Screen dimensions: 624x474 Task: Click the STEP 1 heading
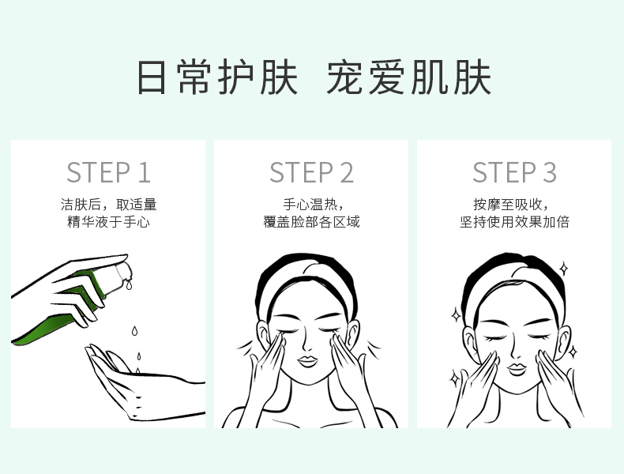[108, 172]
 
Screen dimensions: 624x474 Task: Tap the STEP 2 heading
[311, 172]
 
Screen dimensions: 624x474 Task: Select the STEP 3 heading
[514, 172]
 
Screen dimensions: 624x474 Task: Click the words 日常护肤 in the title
[217, 77]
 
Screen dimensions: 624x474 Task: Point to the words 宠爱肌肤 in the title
[408, 77]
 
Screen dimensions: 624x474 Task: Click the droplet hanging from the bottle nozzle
[129, 285]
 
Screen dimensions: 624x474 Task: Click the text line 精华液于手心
[108, 222]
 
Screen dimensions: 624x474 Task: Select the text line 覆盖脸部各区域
[311, 222]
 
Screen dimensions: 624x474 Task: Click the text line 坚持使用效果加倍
[514, 222]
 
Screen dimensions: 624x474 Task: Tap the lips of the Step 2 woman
[307, 361]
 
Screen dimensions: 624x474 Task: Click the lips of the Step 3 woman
[516, 369]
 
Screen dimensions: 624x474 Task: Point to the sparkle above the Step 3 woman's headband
[563, 269]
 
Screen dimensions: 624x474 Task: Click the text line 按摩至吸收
[507, 204]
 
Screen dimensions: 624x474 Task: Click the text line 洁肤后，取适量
[108, 204]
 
